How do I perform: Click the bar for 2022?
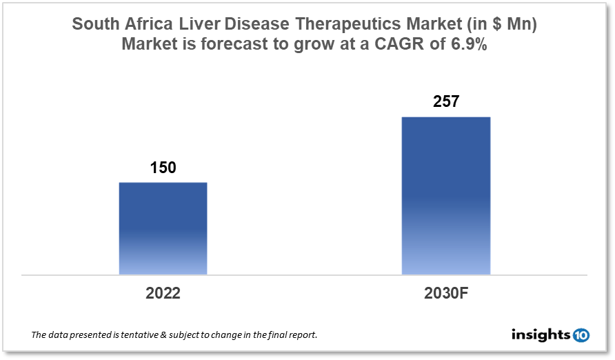point(163,228)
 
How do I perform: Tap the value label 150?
point(163,168)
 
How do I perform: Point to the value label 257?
point(445,102)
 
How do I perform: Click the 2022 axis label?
point(163,293)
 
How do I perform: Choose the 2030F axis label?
point(445,293)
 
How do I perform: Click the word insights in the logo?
point(541,335)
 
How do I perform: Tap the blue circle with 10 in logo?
point(581,335)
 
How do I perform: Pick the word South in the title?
point(95,24)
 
